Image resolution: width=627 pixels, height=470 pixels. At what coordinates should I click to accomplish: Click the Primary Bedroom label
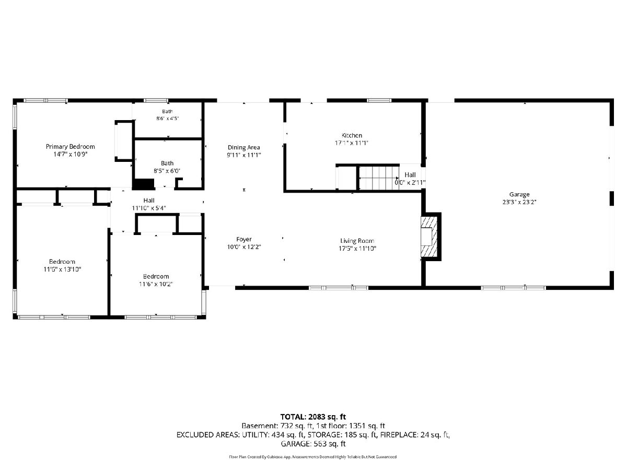(x=70, y=147)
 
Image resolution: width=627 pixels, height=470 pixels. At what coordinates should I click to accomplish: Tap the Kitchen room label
(x=352, y=135)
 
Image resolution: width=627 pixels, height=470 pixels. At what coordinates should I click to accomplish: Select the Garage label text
(x=519, y=194)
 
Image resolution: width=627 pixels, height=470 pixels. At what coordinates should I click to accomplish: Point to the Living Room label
(x=357, y=241)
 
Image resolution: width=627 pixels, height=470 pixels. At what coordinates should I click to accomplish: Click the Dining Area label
(x=243, y=148)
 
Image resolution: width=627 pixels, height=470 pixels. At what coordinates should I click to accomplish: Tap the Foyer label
(x=244, y=239)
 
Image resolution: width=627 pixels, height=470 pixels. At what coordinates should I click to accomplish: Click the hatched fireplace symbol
(x=429, y=237)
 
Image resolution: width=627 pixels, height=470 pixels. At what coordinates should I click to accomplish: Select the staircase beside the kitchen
(x=378, y=178)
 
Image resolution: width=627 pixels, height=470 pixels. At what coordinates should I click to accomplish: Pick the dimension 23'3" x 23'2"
(x=519, y=202)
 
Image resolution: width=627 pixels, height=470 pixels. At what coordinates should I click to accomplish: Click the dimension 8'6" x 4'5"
(x=167, y=118)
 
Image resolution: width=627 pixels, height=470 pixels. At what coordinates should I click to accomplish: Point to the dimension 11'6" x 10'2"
(x=156, y=284)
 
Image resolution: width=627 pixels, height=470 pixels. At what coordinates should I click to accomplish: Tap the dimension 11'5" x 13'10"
(x=62, y=269)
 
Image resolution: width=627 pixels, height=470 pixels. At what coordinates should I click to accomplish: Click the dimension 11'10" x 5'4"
(x=149, y=208)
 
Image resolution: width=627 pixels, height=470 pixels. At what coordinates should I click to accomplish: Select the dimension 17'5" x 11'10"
(x=357, y=248)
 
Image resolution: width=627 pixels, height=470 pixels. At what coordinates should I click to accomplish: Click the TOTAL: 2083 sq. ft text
(x=313, y=417)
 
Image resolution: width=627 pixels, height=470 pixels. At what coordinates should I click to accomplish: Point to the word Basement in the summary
(x=259, y=426)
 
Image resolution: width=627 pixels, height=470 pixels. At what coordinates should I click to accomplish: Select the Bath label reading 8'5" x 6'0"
(x=167, y=167)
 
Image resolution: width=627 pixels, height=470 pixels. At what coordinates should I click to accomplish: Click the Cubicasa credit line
(x=313, y=457)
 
